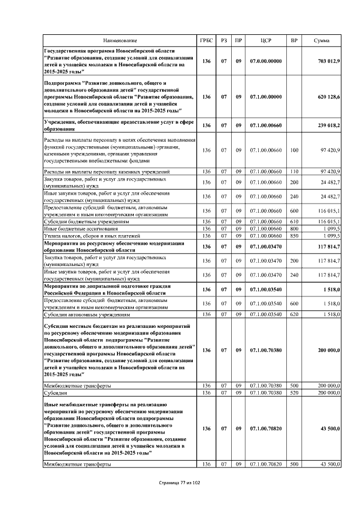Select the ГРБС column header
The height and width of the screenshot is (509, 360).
coord(206,41)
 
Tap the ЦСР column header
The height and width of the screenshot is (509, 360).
coord(266,41)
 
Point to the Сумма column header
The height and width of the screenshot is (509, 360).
coord(321,41)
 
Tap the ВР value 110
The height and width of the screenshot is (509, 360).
coord(294,171)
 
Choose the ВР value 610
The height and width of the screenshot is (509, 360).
coord(294,222)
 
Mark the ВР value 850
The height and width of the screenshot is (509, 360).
coord(294,236)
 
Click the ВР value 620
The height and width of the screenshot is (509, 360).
coord(294,314)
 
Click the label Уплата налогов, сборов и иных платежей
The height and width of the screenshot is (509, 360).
coord(92,236)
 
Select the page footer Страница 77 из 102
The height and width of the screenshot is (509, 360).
coord(179,483)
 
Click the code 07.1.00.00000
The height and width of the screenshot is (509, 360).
coord(266,97)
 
